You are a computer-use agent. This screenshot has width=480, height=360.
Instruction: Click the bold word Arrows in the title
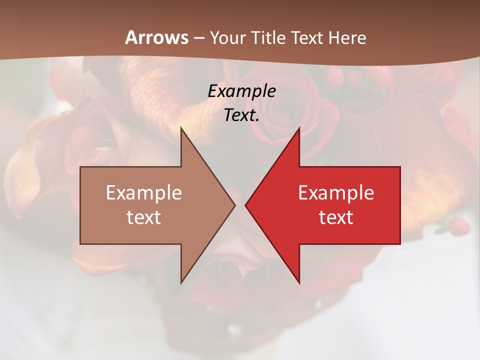[157, 37]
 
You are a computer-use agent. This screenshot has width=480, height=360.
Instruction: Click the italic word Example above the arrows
[241, 91]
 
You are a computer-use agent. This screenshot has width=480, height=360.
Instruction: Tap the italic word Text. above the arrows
[241, 115]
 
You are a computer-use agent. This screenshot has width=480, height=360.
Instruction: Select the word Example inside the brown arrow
[143, 193]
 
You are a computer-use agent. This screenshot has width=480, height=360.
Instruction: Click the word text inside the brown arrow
[143, 217]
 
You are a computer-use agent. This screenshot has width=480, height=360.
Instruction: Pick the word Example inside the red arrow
[336, 193]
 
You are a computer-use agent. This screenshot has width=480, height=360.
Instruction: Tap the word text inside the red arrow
[336, 217]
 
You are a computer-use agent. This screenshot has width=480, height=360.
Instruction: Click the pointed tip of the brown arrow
[235, 205]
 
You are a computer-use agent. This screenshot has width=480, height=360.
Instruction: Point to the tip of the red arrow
[245, 205]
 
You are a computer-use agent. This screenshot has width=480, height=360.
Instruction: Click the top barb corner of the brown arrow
[181, 128]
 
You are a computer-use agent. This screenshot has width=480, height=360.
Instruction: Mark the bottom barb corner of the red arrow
[299, 283]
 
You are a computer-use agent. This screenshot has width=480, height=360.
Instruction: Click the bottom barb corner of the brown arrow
[181, 283]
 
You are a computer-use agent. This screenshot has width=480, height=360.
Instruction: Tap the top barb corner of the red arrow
[299, 128]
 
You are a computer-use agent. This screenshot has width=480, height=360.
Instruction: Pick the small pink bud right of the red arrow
[459, 226]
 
